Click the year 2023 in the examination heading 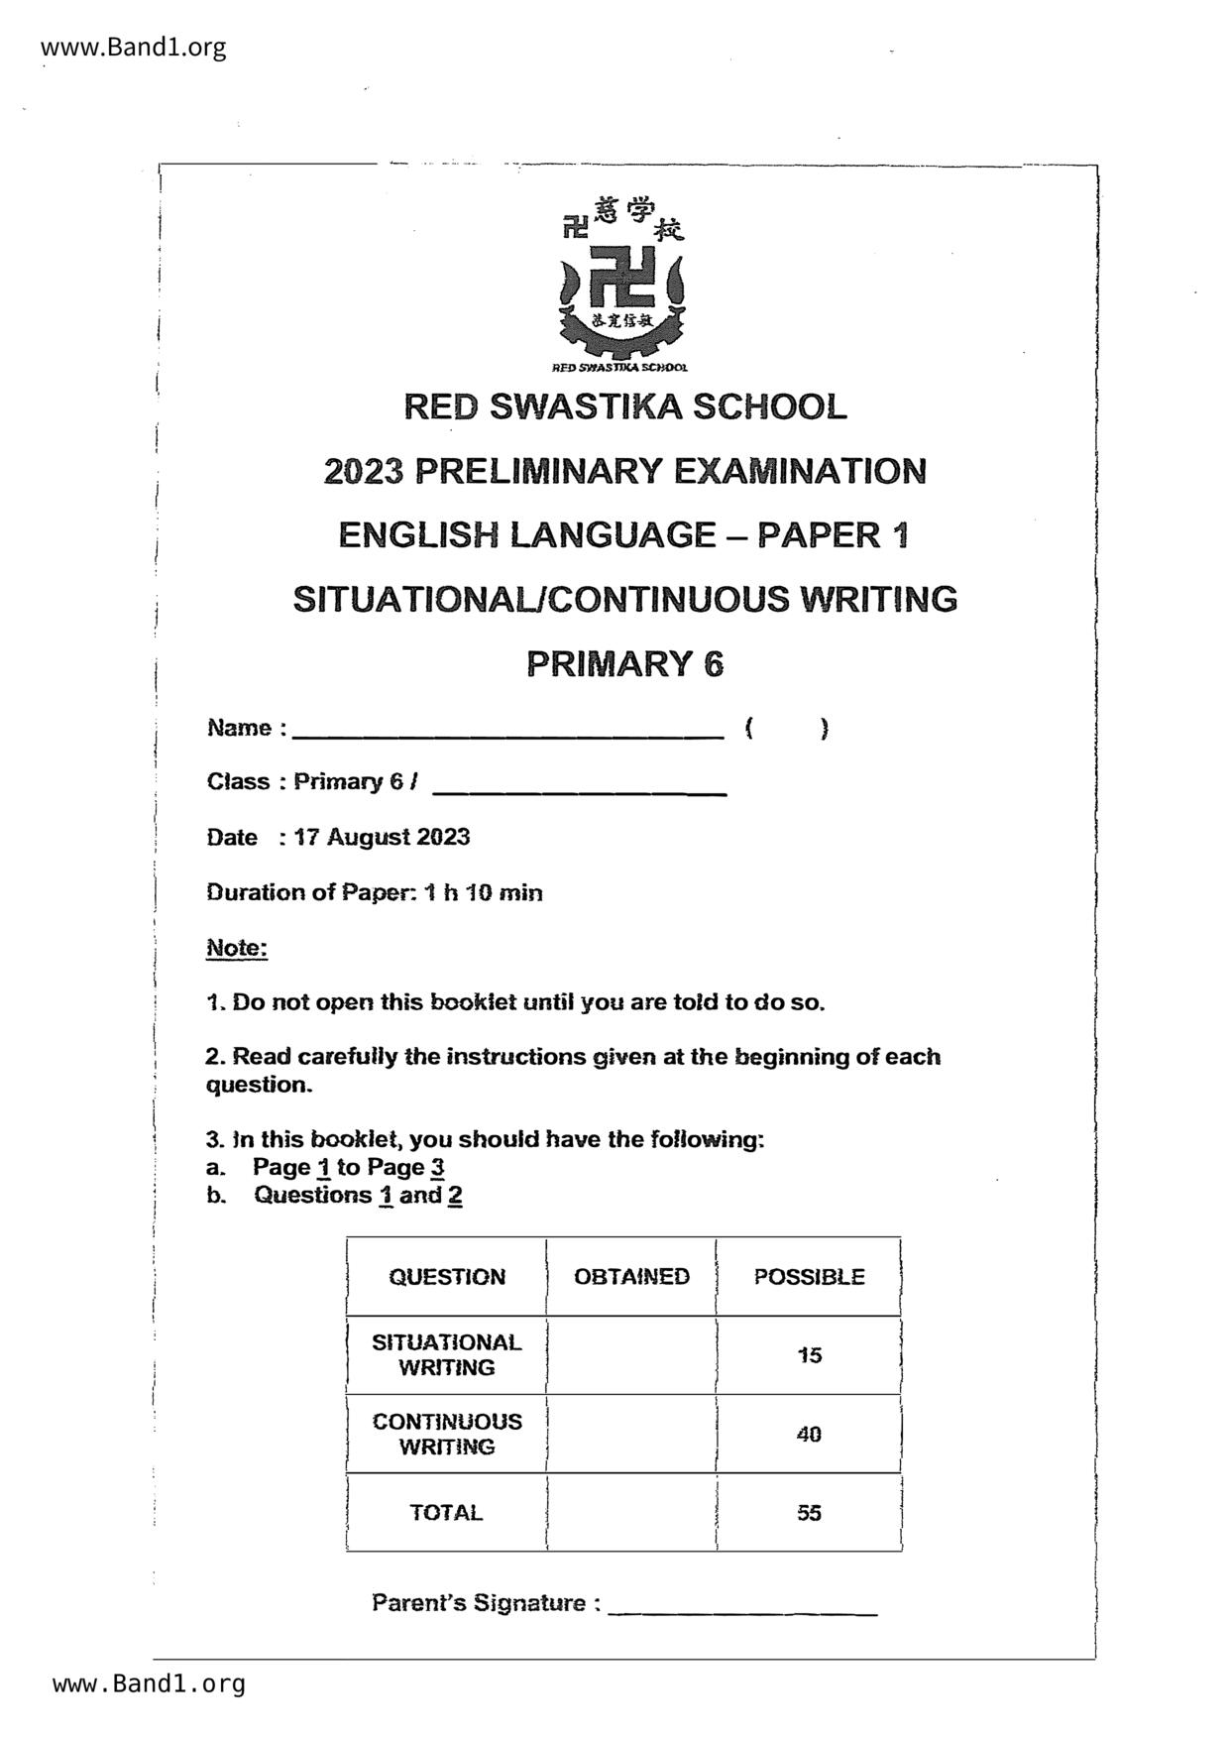[x=364, y=471]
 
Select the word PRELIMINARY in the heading [x=538, y=471]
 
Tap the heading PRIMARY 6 [x=624, y=663]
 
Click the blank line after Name [x=508, y=732]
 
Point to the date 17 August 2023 [x=382, y=837]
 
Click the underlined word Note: [x=237, y=948]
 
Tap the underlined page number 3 [x=437, y=1167]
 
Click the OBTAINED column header [x=631, y=1276]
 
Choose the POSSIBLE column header [x=809, y=1276]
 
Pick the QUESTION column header [x=447, y=1276]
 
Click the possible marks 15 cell [x=809, y=1354]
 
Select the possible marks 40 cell [x=809, y=1434]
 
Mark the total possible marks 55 [x=809, y=1512]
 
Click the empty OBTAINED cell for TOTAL [x=631, y=1512]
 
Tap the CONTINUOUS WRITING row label [x=447, y=1434]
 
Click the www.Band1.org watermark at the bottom [x=149, y=1683]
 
